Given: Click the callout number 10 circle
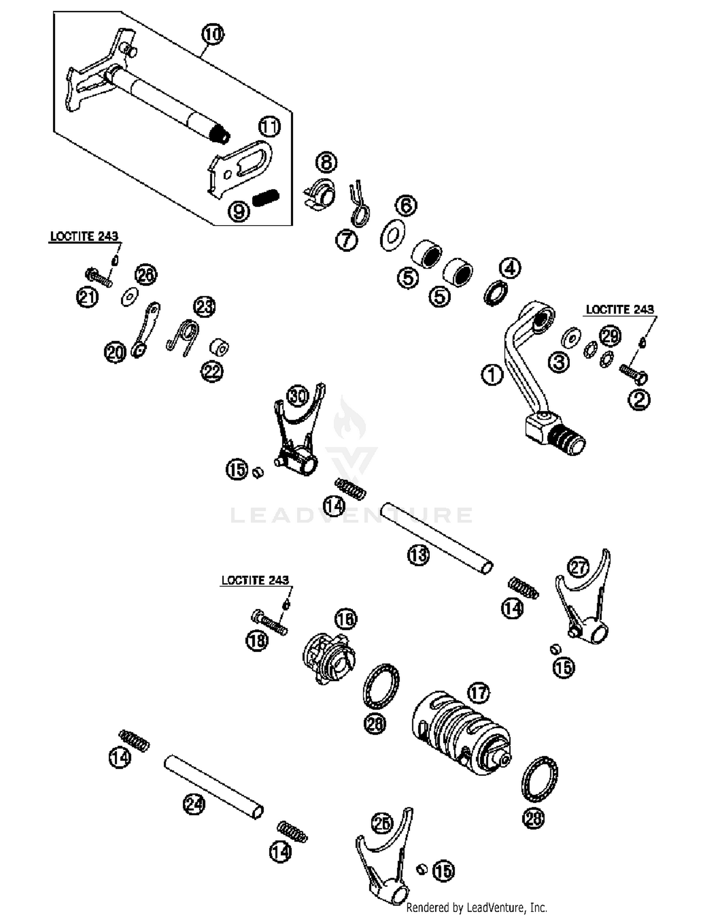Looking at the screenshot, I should pyautogui.click(x=213, y=34).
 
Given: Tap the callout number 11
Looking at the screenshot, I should pyautogui.click(x=269, y=127).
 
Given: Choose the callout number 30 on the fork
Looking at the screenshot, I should pyautogui.click(x=298, y=396).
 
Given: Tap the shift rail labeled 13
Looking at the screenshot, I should pyautogui.click(x=436, y=538).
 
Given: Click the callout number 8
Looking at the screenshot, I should pyautogui.click(x=326, y=163).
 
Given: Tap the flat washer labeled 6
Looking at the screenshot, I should pyautogui.click(x=392, y=233).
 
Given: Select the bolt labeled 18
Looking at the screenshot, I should pyautogui.click(x=269, y=622).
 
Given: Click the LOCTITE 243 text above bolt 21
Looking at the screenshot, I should pyautogui.click(x=84, y=236).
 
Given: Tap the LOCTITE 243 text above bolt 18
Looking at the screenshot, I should pyautogui.click(x=255, y=580).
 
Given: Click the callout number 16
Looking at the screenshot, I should pyautogui.click(x=346, y=620).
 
